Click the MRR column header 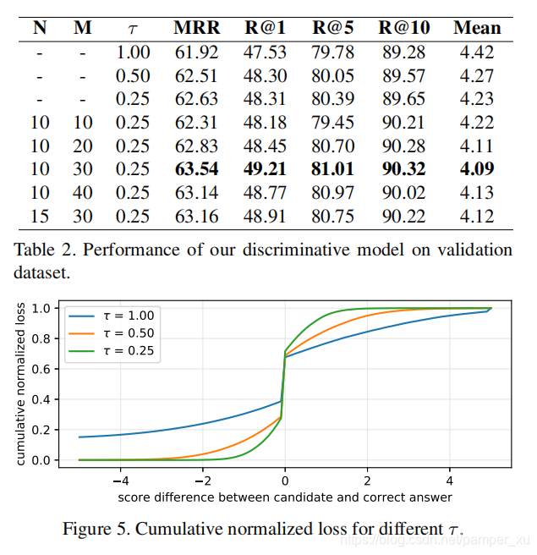coord(196,27)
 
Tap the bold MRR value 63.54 coord(196,168)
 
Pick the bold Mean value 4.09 coord(477,168)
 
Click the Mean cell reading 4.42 coord(477,52)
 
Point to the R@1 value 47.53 coord(266,52)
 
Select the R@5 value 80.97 coord(333,191)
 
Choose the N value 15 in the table coord(40,215)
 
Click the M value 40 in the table coord(83,191)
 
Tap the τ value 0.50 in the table coord(133,75)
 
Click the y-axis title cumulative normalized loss coord(19,383)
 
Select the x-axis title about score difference coord(284,497)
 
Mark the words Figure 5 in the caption coord(98,530)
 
